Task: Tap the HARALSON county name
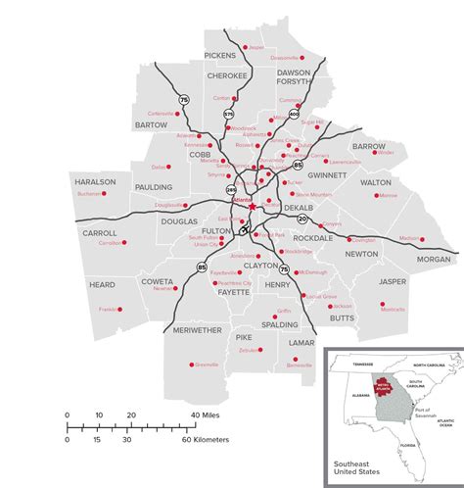pos(95,182)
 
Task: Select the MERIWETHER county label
pos(197,331)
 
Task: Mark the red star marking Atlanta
pos(252,207)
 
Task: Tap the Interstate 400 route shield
pos(294,114)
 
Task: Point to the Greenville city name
pos(207,365)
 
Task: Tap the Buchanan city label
pos(89,194)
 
